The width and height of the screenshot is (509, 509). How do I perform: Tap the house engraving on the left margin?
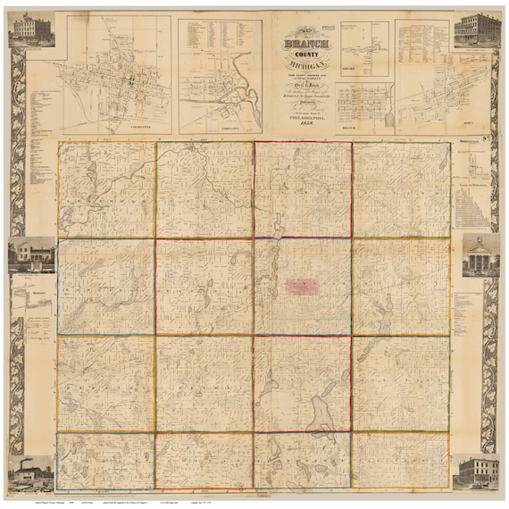point(30,254)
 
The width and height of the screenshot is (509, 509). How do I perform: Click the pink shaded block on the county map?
point(302,286)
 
